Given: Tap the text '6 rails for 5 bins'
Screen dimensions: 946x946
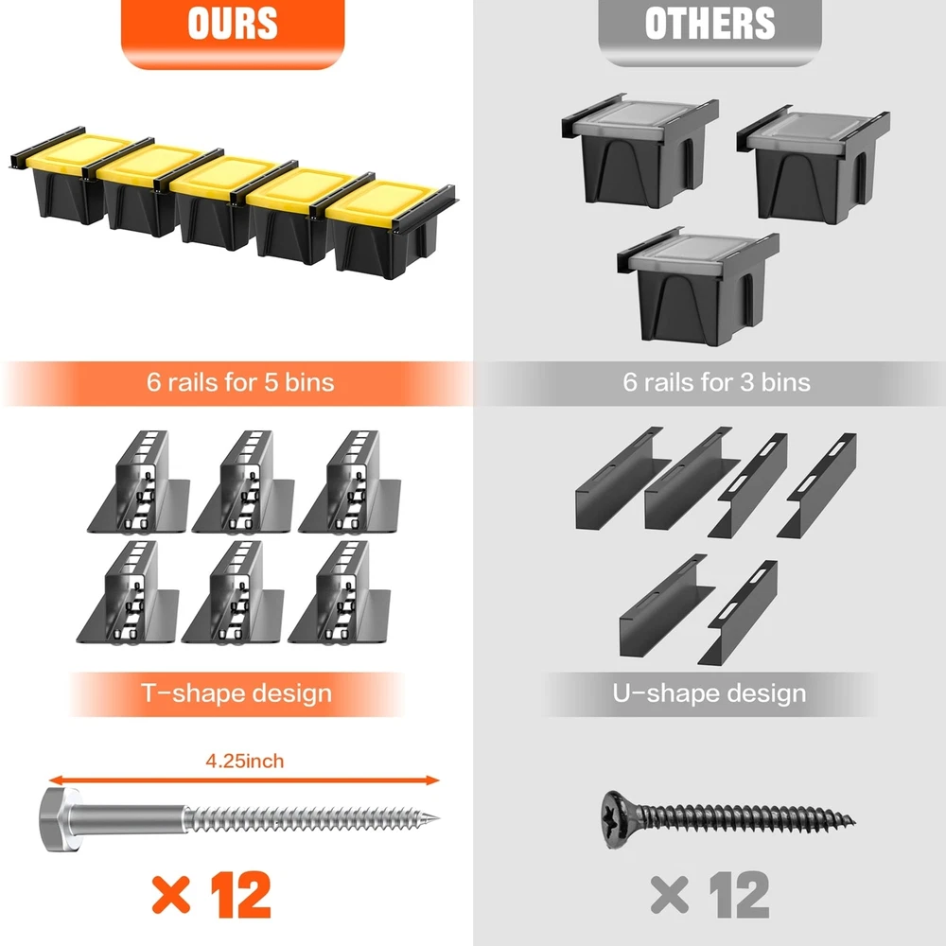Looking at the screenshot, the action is tap(240, 382).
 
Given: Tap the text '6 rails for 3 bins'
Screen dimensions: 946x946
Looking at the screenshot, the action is tap(717, 382).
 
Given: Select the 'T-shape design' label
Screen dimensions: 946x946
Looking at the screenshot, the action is tap(236, 693).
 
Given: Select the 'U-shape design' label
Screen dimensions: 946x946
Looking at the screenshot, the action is tap(709, 693).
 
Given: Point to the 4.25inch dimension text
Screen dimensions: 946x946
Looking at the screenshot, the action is tap(244, 761).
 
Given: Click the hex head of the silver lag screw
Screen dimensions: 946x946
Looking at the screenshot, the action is tap(61, 819).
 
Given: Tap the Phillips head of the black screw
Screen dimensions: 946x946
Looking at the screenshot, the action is tap(619, 819).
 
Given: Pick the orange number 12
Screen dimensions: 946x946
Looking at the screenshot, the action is tap(240, 895).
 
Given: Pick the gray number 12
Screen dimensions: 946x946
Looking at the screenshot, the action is tap(739, 895).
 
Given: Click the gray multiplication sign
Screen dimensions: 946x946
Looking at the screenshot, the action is tap(669, 895).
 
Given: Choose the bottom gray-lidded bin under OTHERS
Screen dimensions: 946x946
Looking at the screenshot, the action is tap(698, 286).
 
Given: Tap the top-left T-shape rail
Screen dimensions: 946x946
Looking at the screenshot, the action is tap(140, 482).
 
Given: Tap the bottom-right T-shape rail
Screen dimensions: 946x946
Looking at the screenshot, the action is tap(341, 592).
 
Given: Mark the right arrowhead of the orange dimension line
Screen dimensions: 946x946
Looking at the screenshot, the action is tap(433, 780).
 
